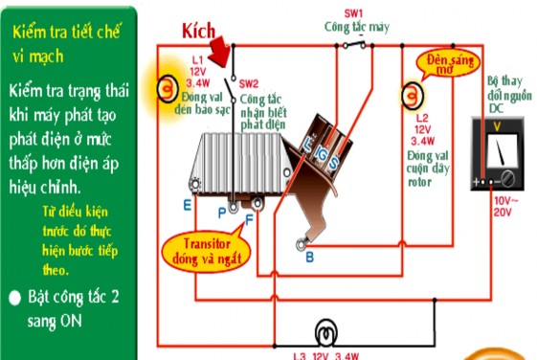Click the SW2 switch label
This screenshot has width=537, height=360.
tap(249, 83)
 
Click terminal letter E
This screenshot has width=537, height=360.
tap(188, 203)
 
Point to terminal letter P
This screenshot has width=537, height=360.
tap(221, 210)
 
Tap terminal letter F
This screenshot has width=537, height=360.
tap(249, 219)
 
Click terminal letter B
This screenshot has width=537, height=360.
tap(308, 257)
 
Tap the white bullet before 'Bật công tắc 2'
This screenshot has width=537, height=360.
tap(14, 298)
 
